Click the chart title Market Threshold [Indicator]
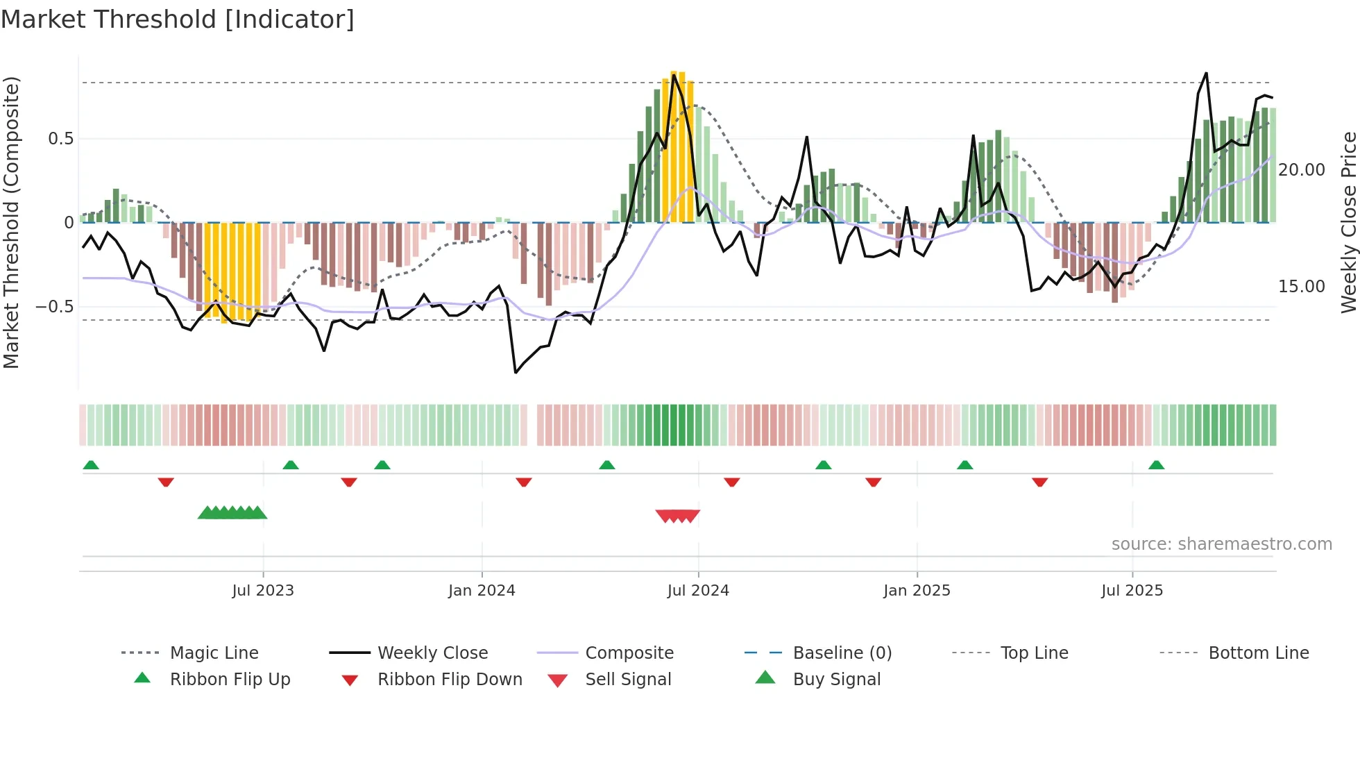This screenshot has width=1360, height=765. tap(178, 19)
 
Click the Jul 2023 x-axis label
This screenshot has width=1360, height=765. tap(263, 591)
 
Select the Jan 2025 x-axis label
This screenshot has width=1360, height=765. tap(917, 591)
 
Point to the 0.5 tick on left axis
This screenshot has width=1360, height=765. tap(61, 139)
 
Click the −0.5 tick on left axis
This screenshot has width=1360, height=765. tap(55, 307)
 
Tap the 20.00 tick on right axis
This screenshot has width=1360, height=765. tap(1301, 170)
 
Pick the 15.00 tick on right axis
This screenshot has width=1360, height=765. tap(1301, 287)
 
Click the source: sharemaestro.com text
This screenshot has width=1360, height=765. tap(1221, 544)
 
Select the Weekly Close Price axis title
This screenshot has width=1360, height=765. tap(1348, 222)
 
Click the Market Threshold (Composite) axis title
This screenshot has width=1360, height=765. tap(11, 222)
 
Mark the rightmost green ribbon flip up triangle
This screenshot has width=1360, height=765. tap(1156, 465)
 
